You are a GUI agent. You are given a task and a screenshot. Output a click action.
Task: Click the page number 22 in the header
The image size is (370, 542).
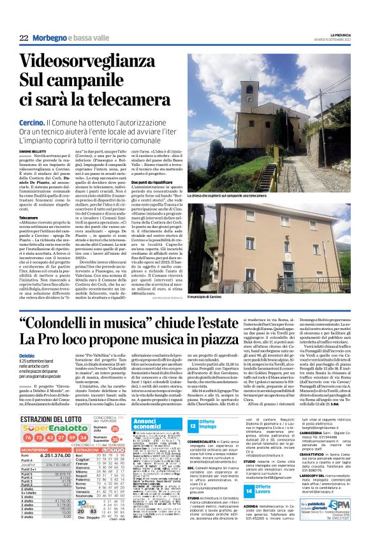(x=24, y=38)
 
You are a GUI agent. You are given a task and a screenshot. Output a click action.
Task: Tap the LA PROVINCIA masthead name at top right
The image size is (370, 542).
(x=339, y=34)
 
